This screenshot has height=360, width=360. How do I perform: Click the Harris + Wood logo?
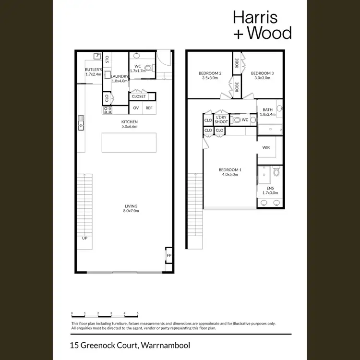pos(262,25)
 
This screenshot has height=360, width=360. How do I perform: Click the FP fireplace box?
pos(169,255)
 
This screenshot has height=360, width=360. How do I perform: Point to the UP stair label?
pos(84,238)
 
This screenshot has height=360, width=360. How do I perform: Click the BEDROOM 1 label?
pos(230,170)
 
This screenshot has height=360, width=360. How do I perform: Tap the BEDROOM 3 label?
pos(263,73)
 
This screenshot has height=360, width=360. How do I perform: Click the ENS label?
pos(271,189)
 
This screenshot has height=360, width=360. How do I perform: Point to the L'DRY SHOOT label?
pos(221,119)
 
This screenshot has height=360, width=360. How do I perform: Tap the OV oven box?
pos(136,108)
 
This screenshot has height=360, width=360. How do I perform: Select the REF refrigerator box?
pos(149,108)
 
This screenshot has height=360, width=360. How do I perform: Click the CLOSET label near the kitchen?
pos(139,96)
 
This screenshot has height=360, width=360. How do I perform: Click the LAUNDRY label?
pos(120,76)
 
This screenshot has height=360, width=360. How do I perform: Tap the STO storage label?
pos(107,60)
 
